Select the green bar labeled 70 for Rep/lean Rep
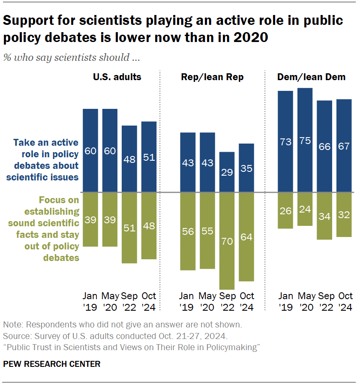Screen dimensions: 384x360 227,241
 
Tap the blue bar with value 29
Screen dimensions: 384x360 227,172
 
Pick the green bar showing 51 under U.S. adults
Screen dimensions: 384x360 129,228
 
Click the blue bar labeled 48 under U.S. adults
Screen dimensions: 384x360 129,159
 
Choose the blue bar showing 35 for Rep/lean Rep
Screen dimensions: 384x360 246,168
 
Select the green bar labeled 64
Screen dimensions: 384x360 246,237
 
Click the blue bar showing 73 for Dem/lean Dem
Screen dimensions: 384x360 285,141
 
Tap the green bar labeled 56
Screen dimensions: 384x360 188,231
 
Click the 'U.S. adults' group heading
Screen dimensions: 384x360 117,77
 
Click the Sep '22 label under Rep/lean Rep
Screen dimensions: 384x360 227,301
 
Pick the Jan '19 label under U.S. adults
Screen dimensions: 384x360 90,301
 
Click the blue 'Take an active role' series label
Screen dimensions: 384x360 46,160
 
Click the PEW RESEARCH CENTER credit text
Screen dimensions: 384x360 52,364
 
